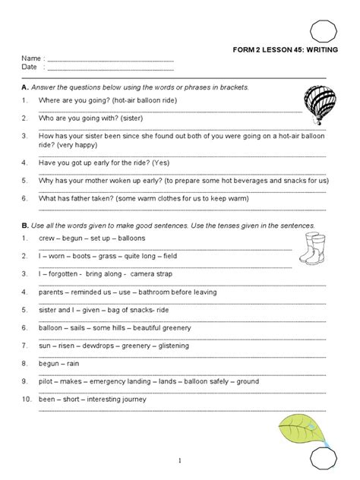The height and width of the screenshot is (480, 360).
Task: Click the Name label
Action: point(30,58)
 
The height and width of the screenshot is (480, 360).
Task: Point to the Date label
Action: point(30,67)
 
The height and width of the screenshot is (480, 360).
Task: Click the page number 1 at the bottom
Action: point(180,460)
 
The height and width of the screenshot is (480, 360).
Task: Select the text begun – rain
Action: point(61,364)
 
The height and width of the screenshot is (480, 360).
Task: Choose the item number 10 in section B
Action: point(26,399)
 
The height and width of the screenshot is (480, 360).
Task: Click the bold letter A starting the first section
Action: point(25,88)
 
